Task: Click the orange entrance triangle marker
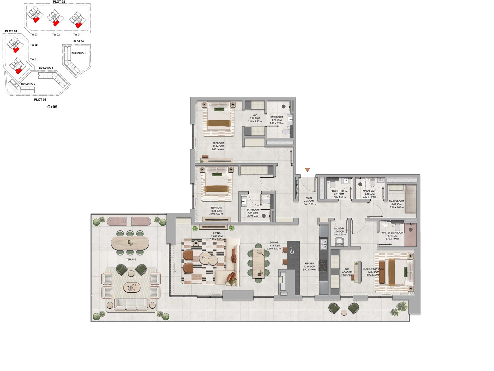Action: tap(307, 170)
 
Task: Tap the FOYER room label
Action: tap(309, 198)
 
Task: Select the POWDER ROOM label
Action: tap(339, 191)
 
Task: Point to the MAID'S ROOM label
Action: tap(396, 201)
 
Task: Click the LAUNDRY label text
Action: tap(339, 229)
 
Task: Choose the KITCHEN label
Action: tap(309, 264)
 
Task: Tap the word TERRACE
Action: tap(131, 260)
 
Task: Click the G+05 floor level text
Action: tap(52, 107)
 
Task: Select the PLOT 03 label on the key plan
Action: tap(40, 100)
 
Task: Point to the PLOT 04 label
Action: tap(78, 41)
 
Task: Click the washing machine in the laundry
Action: tap(339, 242)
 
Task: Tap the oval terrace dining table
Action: tap(130, 243)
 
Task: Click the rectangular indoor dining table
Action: tap(258, 263)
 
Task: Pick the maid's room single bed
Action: tap(410, 199)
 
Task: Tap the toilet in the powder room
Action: tap(332, 184)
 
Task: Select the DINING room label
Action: tap(274, 243)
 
